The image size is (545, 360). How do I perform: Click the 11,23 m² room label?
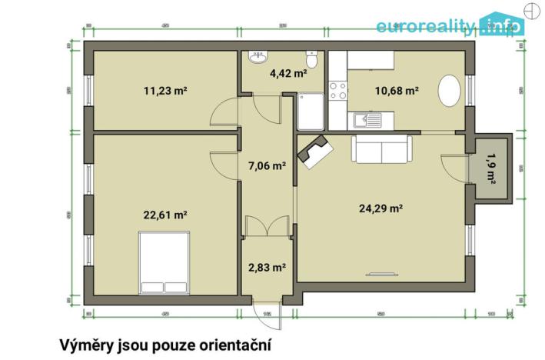pos(166,90)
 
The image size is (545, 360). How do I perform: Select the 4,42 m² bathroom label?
pos(288,74)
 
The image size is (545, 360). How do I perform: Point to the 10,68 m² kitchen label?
pos(397,90)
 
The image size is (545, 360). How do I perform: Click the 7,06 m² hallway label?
pos(268,165)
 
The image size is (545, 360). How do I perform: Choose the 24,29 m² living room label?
pos(381,207)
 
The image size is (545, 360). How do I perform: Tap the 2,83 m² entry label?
pos(268,267)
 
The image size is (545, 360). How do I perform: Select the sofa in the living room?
pos(382,148)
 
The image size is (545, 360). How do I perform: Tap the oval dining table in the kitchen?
pos(450,91)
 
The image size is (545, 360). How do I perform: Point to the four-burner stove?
pos(337,91)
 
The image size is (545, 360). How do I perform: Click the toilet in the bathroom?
pos(312,61)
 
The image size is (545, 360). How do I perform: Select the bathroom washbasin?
pos(257,58)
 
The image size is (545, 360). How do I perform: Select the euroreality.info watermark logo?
pos(450,25)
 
